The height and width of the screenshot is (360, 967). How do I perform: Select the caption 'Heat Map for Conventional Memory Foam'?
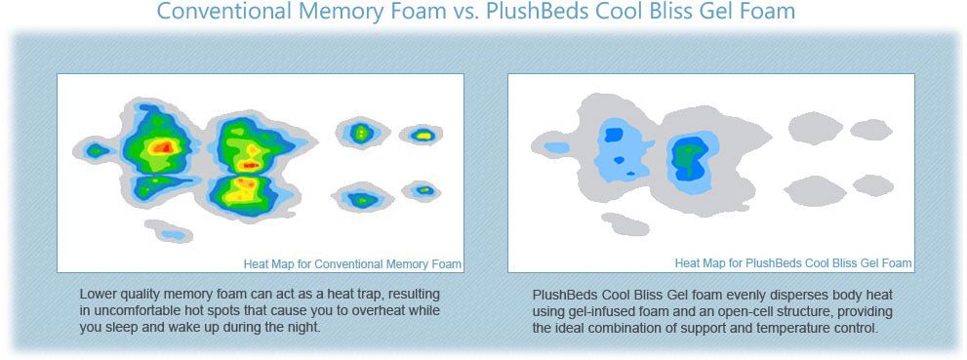[352, 264]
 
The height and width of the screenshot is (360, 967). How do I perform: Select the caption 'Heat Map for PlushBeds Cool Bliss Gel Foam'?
[793, 263]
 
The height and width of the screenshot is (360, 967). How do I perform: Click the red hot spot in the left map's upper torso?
[163, 146]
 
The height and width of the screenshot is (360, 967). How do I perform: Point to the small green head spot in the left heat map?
[96, 150]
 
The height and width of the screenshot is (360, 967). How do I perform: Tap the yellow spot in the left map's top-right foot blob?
[423, 134]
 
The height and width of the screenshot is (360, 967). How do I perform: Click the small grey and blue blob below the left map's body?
[169, 231]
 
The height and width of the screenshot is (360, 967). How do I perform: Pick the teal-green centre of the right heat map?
[687, 157]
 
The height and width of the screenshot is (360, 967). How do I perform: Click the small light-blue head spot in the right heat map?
[557, 147]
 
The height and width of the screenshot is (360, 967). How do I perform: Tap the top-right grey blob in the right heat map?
[871, 130]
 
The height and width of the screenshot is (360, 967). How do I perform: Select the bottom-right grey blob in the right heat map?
[873, 185]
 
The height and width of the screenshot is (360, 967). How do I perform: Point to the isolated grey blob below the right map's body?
[625, 224]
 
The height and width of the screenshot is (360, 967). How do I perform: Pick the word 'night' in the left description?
[304, 326]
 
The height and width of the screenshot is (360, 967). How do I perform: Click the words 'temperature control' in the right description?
[825, 328]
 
